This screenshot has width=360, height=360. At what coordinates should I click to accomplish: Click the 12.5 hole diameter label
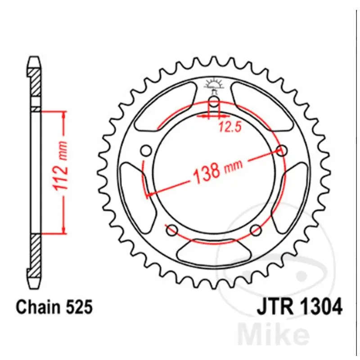pyautogui.click(x=228, y=127)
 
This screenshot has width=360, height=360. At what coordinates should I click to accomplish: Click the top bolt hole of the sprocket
pyautogui.click(x=214, y=102)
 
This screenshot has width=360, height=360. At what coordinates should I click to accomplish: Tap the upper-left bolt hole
pyautogui.click(x=145, y=150)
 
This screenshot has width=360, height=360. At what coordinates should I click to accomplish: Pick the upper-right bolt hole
pyautogui.click(x=283, y=150)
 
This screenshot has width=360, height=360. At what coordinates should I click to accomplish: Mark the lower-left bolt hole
pyautogui.click(x=171, y=231)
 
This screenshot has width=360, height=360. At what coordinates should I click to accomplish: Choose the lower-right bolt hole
pyautogui.click(x=256, y=231)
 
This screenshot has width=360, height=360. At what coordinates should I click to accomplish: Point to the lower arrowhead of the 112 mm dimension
pyautogui.click(x=64, y=229)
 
